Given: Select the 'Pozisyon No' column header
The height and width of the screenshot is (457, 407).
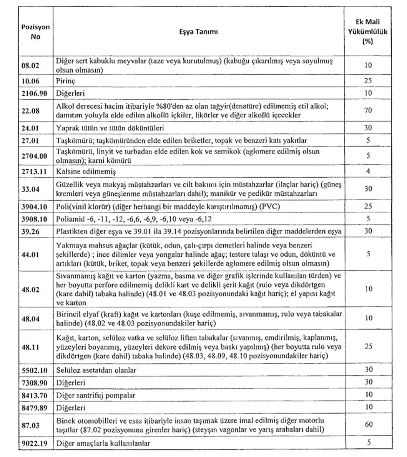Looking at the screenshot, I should tap(35, 32).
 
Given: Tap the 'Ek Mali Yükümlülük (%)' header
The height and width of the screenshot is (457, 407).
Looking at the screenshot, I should tap(368, 32).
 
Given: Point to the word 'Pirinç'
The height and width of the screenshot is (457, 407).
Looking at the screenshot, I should tap(66, 81).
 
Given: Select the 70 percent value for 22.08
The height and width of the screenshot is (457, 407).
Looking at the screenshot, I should tap(368, 111).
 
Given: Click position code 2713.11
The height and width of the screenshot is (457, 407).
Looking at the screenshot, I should tap(34, 172).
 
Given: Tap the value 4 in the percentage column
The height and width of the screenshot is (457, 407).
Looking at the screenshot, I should tap(368, 171).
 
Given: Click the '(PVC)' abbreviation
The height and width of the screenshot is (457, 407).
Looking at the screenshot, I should tap(270, 207).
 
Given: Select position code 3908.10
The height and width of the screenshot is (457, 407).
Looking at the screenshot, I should tap(34, 219).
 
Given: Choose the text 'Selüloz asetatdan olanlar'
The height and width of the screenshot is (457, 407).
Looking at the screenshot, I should tap(96, 370).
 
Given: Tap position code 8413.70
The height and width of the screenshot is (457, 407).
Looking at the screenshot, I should tap(34, 395).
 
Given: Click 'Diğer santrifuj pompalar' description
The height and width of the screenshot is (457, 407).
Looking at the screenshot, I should tap(96, 395).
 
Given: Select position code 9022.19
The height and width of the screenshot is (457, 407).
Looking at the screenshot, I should tap(34, 444).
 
